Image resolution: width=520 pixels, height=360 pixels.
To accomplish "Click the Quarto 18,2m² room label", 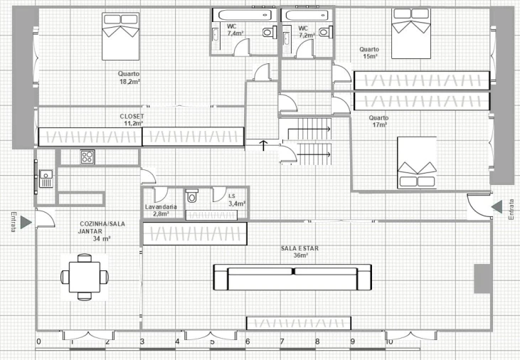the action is point(129,78).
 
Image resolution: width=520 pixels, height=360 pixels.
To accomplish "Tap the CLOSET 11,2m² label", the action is point(132,120).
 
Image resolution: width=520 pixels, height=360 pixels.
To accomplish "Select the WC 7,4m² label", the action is point(235,30).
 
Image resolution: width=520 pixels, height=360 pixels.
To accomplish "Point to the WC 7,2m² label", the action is point(307,32).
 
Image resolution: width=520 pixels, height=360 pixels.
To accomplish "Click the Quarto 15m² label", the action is point(369,53).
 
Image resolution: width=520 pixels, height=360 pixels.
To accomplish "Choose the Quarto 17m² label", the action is point(378,122).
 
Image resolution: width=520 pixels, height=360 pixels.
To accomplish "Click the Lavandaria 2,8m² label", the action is point(161,211).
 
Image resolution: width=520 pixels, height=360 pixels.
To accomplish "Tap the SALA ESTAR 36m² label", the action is point(299,252).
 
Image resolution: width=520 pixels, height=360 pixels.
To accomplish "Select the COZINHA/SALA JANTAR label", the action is point(102,228).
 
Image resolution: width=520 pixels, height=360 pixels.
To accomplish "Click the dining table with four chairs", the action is point(85,277).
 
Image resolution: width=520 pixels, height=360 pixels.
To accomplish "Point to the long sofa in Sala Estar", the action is point(292,277).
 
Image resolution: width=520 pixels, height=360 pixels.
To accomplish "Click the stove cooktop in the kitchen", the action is point(87,157).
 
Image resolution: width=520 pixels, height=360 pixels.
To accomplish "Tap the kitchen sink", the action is point(46,179).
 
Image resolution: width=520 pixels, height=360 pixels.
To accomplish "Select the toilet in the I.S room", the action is point(191,196).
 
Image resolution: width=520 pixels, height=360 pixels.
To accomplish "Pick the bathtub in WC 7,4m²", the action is point(244,15).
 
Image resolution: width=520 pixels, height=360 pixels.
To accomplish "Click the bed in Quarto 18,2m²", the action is point(120,36).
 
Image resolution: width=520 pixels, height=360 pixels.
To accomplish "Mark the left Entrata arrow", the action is point(26,222).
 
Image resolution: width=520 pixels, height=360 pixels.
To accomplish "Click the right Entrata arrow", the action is point(497,207).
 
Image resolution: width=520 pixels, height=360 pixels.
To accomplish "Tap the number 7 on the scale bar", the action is point(282,342).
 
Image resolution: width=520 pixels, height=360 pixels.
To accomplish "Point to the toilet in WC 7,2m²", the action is point(325,32).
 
